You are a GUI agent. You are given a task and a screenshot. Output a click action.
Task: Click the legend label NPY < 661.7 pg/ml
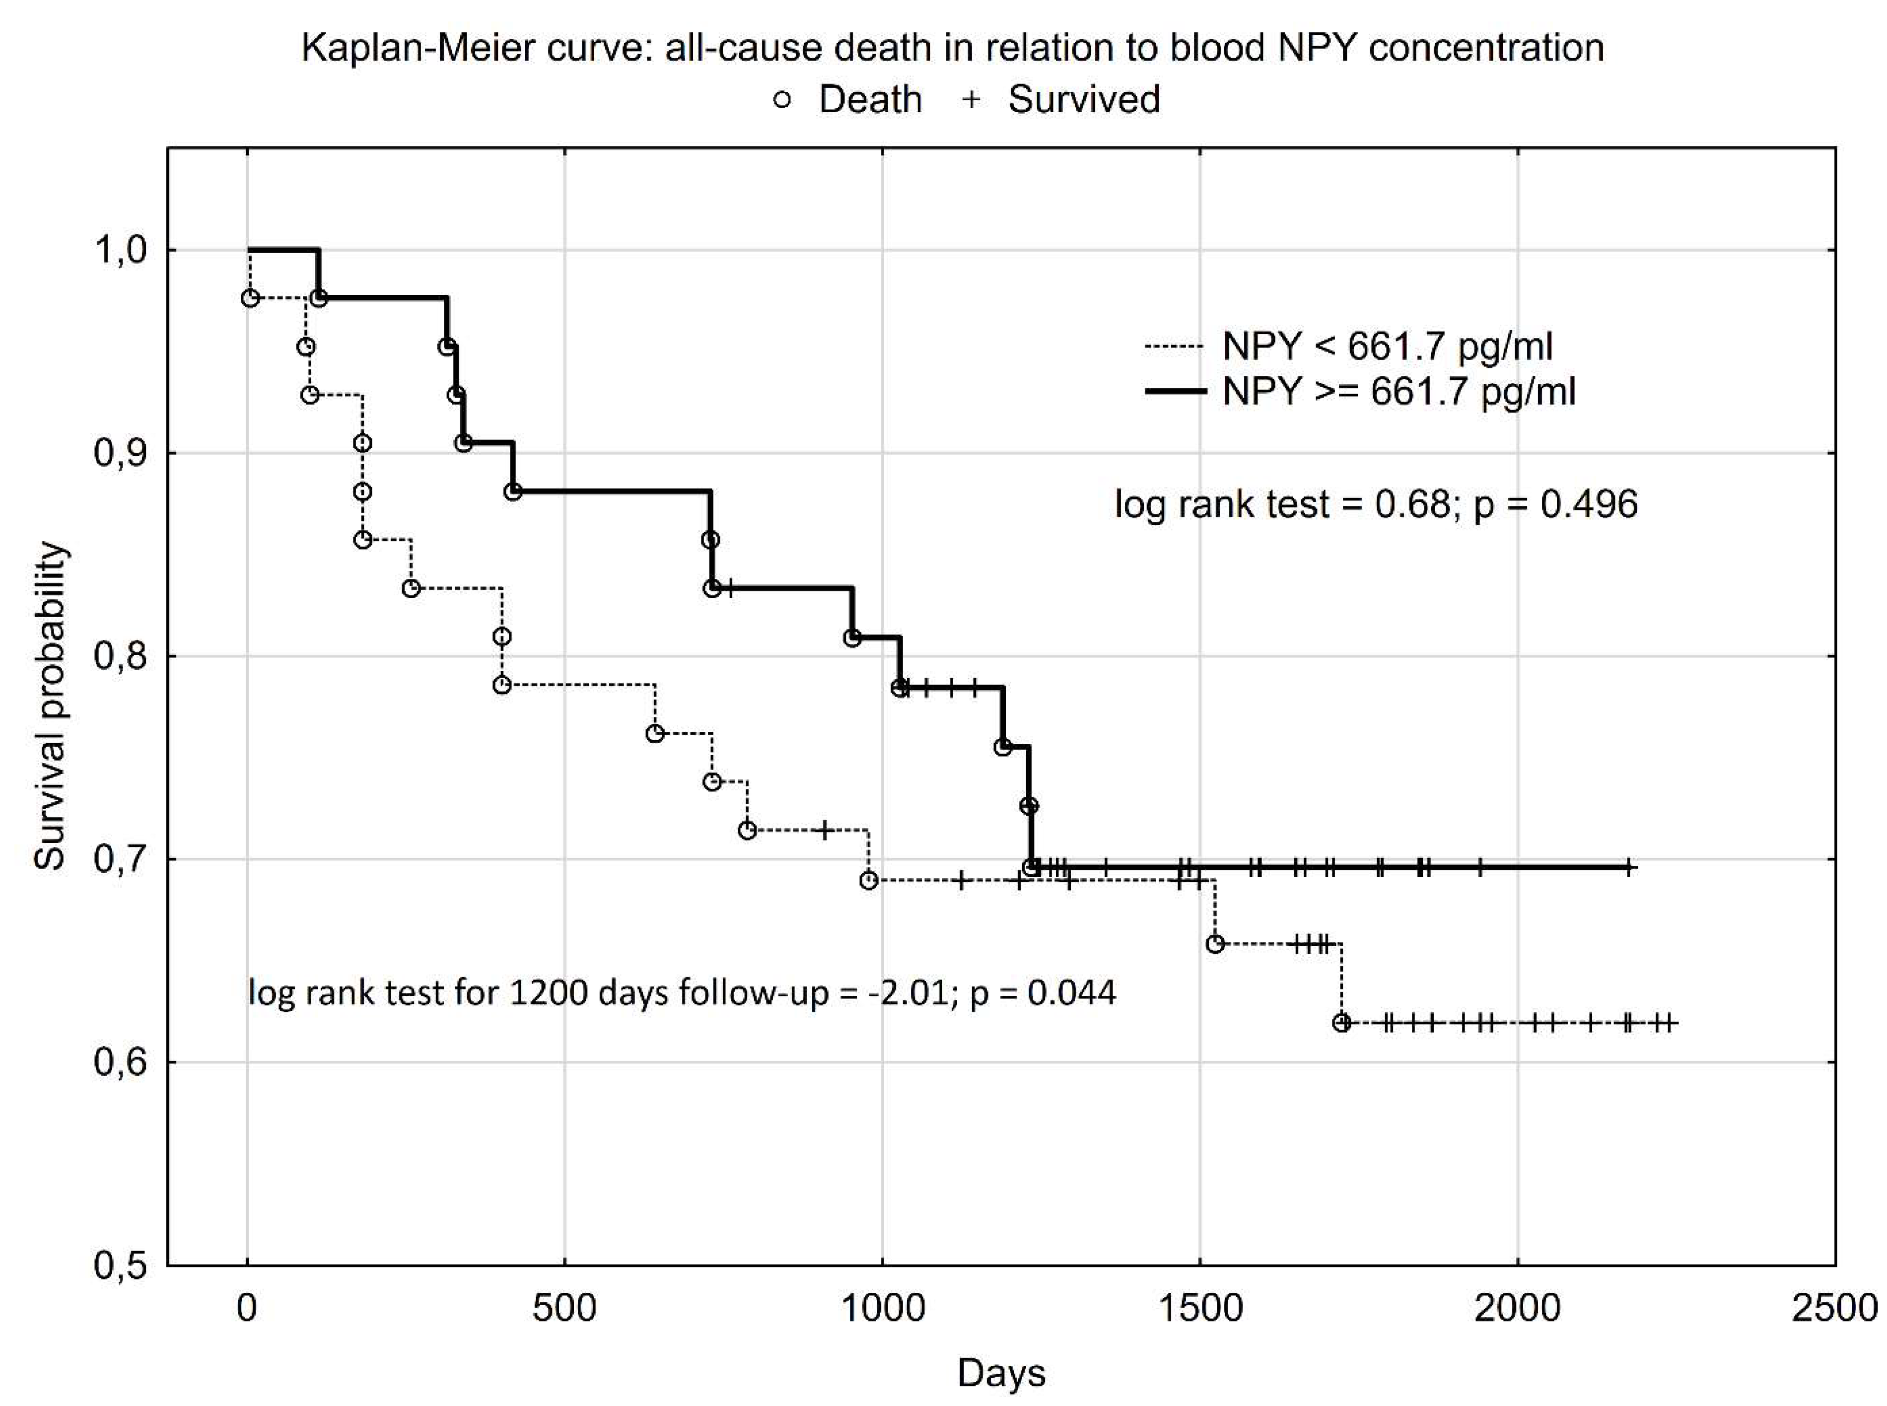[1387, 347]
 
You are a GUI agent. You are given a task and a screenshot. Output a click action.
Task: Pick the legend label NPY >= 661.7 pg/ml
[1398, 392]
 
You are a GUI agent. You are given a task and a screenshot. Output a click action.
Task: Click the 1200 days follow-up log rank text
[681, 992]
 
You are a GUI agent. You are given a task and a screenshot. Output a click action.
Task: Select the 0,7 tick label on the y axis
[120, 859]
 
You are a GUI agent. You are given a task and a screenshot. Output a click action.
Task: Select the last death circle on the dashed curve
[1341, 1022]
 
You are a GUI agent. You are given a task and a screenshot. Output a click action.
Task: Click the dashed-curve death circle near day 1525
[1215, 944]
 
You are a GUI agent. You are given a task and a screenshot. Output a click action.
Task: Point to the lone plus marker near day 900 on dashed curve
[824, 830]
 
